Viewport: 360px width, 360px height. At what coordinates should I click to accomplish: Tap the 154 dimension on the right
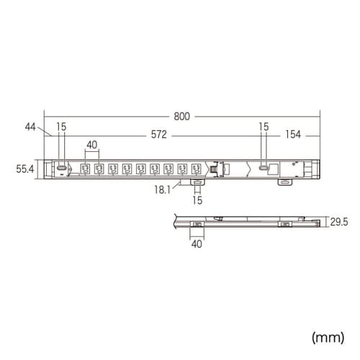292,135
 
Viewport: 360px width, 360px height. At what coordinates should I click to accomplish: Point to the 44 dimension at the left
30,127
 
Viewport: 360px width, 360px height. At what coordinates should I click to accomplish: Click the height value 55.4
24,168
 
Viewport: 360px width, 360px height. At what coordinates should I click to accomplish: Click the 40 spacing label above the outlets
91,145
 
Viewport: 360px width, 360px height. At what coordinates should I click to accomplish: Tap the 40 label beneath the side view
197,243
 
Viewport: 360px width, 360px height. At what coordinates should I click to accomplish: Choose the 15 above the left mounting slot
62,127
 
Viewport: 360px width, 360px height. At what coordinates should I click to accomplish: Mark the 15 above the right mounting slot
264,127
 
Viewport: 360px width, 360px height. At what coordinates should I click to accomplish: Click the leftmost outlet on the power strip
84,168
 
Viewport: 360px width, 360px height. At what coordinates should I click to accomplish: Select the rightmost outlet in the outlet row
195,168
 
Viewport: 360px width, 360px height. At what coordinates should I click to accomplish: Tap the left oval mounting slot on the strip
62,167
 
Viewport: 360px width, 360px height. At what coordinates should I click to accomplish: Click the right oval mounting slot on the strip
264,167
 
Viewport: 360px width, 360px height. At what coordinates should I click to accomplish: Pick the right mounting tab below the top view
286,183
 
